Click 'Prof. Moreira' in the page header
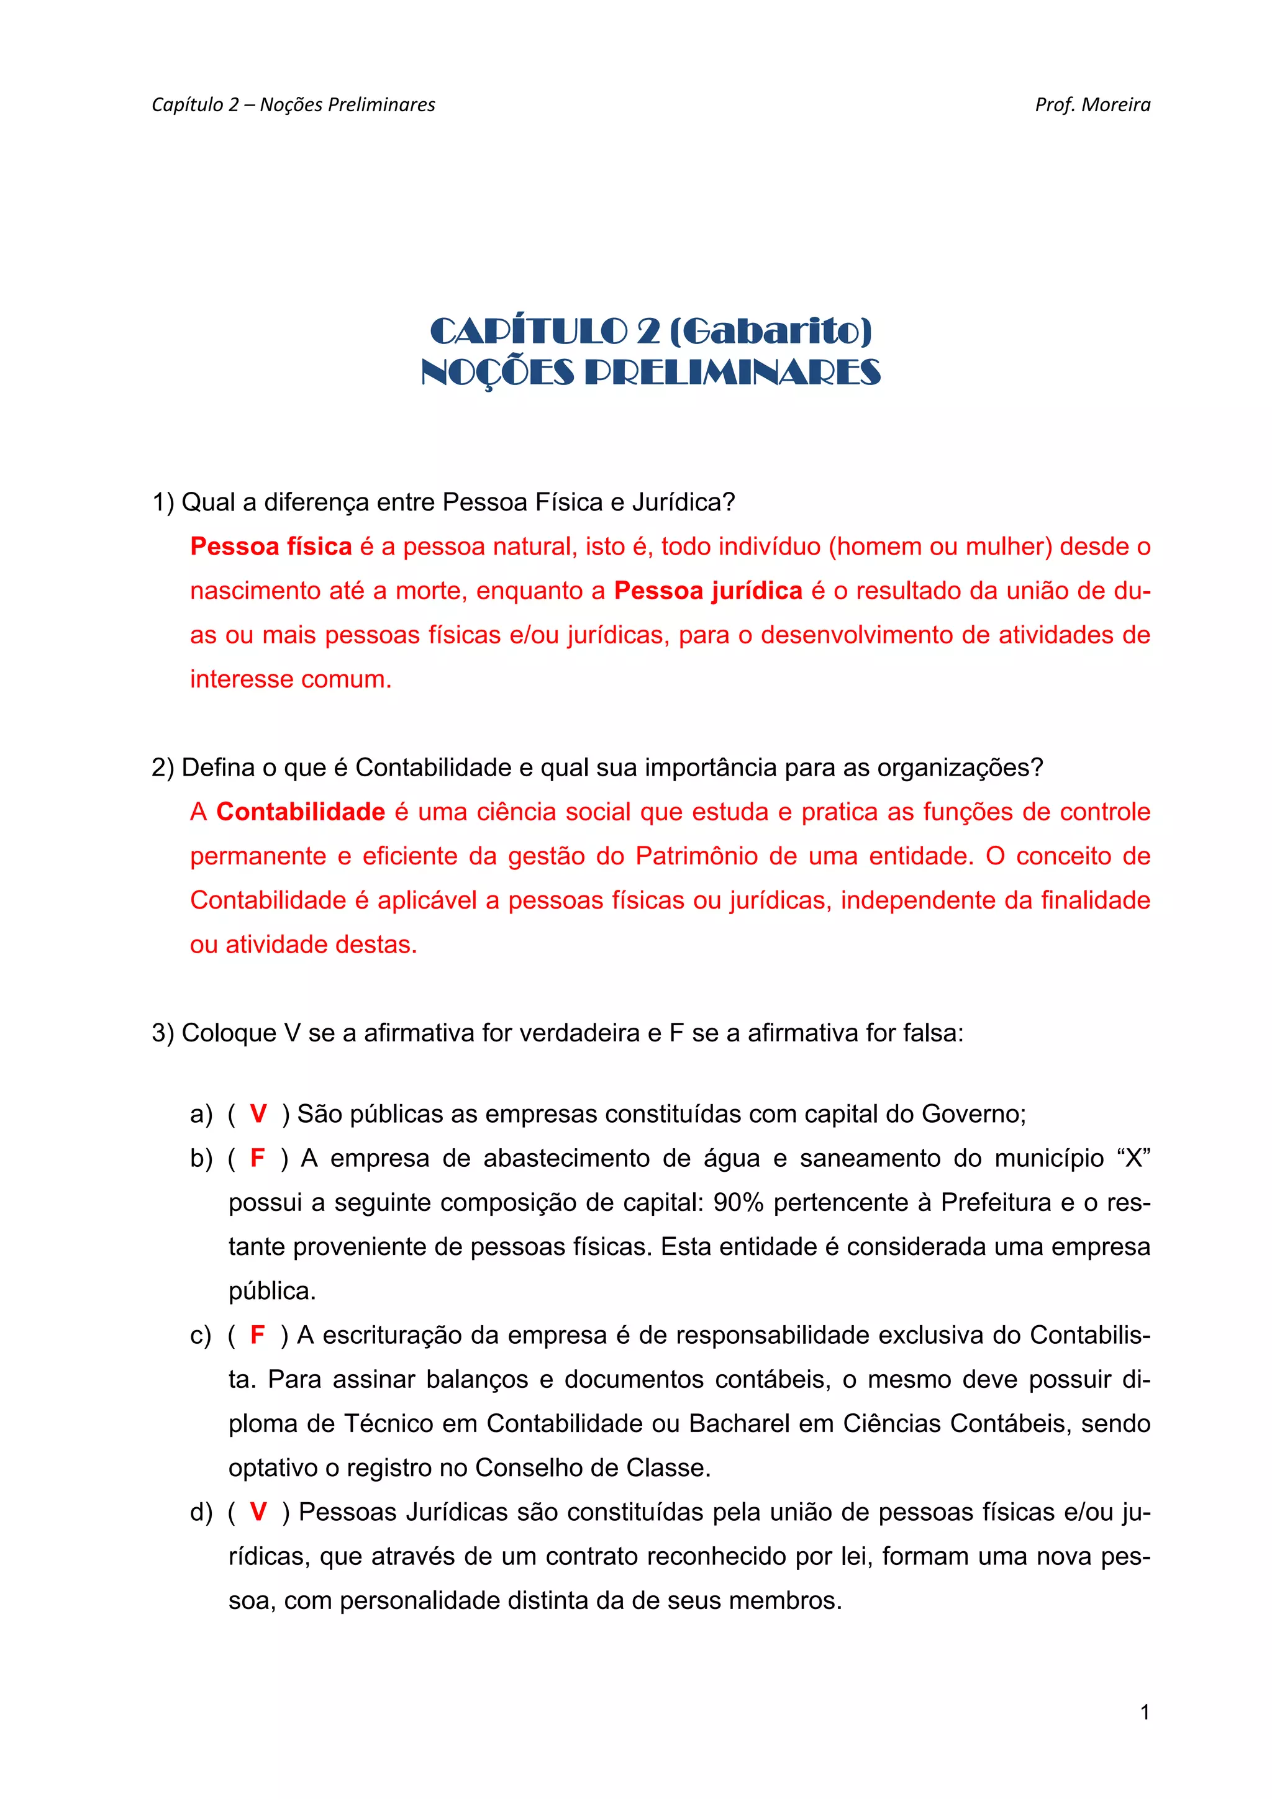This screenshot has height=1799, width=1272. [1092, 105]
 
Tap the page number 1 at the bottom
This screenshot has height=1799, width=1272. [1144, 1712]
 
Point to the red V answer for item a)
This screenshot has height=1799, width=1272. [258, 1113]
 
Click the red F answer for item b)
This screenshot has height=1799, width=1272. [257, 1158]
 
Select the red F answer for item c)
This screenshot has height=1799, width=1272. [257, 1335]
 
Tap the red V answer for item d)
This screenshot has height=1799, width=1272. [258, 1511]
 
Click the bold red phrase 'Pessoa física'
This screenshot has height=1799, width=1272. [271, 546]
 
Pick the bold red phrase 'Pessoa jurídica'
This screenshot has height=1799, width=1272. [707, 590]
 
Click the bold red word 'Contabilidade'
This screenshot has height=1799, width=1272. [301, 812]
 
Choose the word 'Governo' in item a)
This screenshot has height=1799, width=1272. [971, 1113]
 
